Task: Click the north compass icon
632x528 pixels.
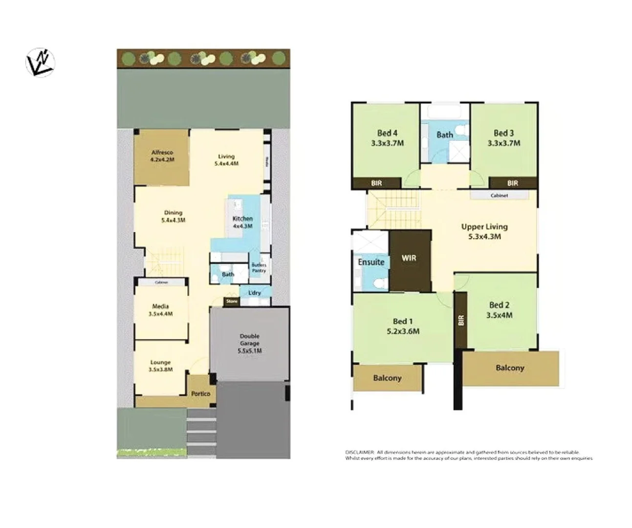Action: point(40,63)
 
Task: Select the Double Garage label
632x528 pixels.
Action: point(249,343)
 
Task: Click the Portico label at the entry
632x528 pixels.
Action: point(200,394)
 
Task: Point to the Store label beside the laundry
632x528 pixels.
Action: point(232,302)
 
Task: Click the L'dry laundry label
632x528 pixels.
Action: point(255,293)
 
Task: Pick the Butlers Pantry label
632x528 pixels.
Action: point(259,267)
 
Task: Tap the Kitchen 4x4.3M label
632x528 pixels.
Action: point(242,222)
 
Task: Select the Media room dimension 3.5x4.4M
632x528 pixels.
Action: point(161,314)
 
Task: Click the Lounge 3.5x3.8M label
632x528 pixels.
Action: point(160,366)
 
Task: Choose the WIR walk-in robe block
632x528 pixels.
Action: point(409,258)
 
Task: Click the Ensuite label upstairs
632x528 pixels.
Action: point(371,262)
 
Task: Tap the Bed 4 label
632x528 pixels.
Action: point(387,133)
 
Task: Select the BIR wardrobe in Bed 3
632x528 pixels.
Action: point(512,183)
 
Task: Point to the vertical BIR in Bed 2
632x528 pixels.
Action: point(461,320)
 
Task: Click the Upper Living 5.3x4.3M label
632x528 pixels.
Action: point(484,232)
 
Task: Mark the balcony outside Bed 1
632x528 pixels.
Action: point(387,378)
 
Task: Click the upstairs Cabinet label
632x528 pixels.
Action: point(499,196)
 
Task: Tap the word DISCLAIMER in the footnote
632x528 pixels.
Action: point(360,452)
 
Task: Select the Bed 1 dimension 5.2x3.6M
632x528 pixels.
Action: point(403,331)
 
